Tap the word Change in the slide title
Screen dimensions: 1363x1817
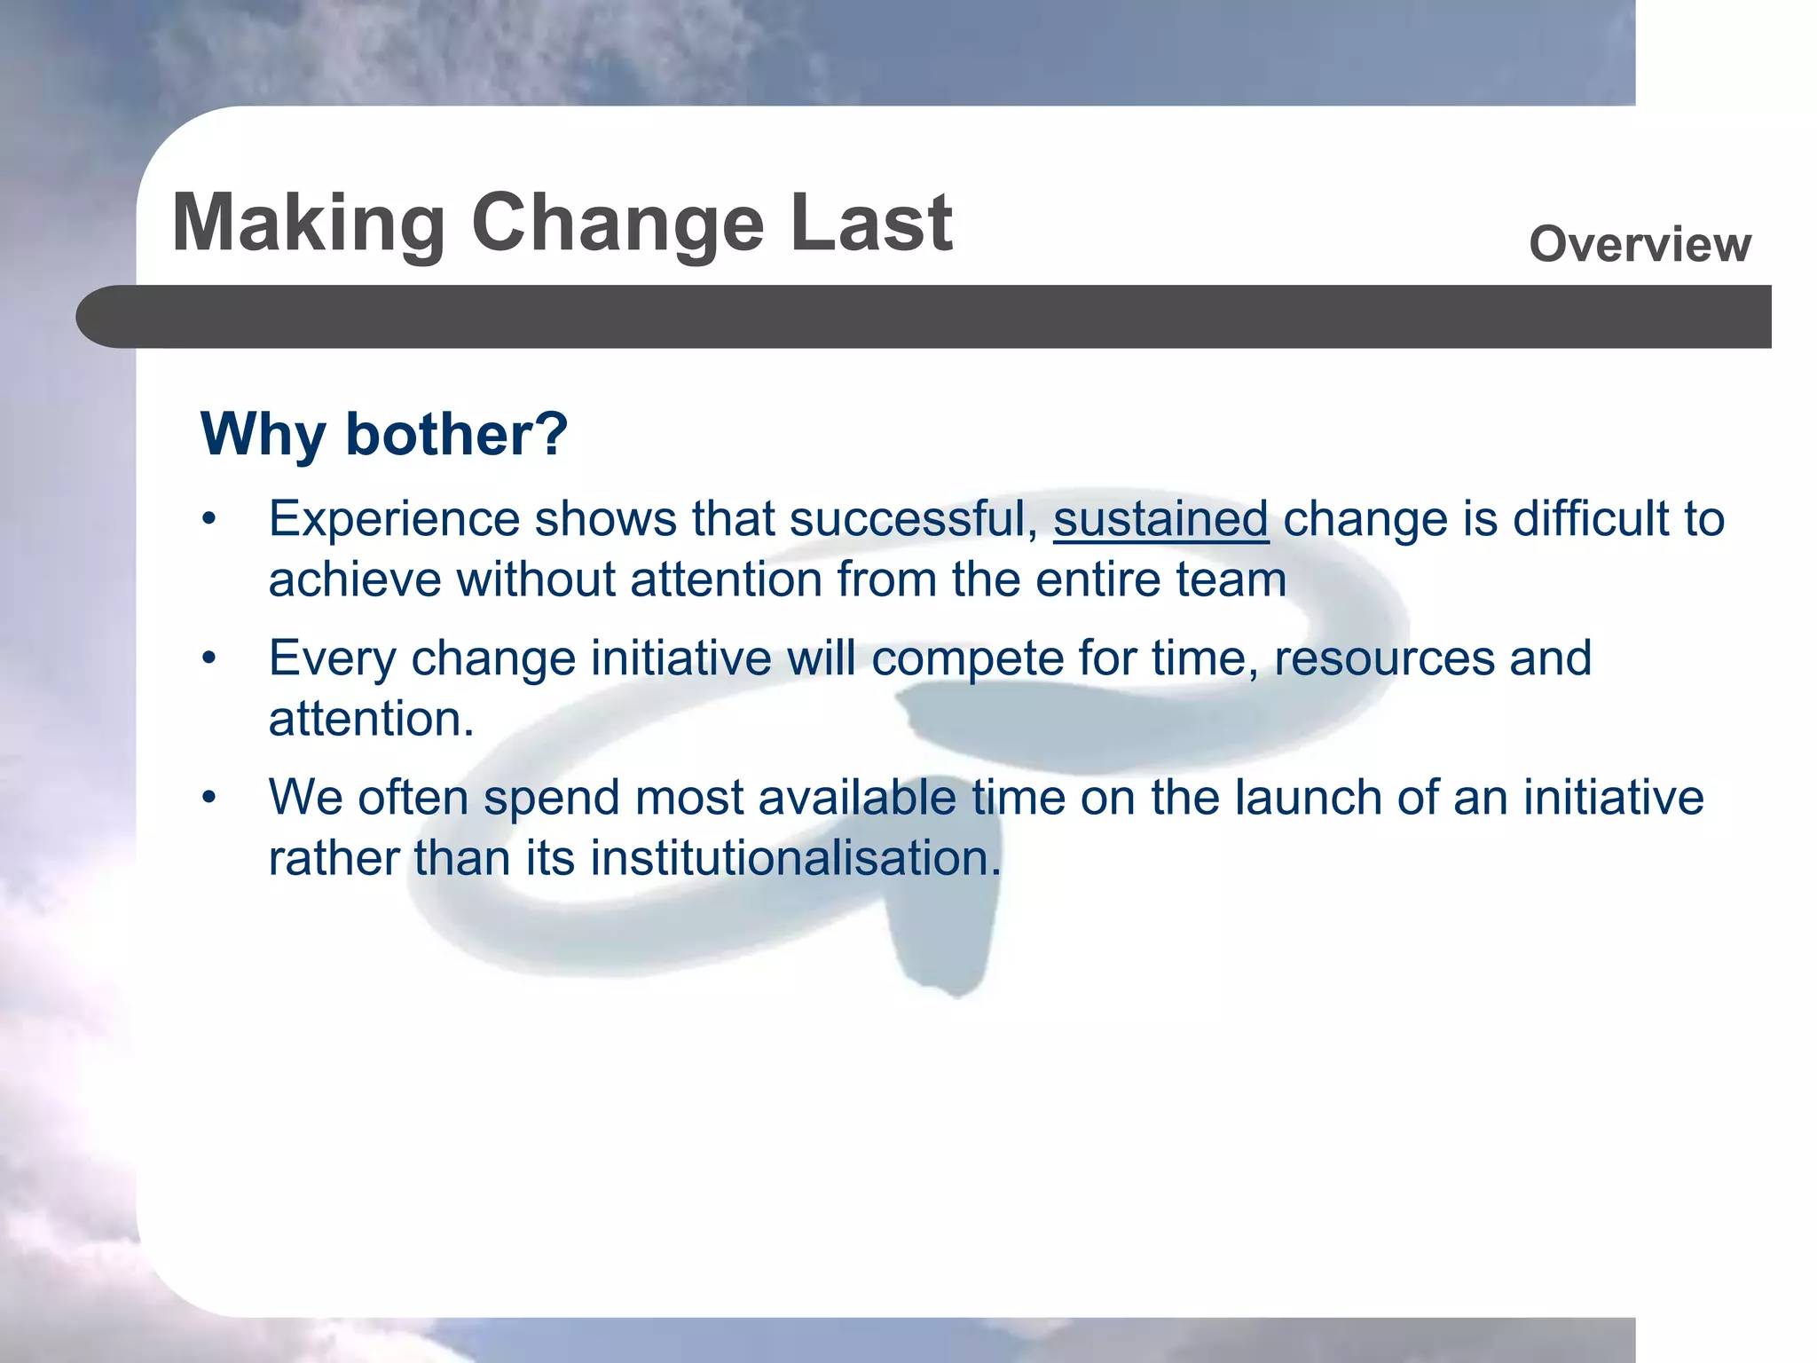tap(617, 225)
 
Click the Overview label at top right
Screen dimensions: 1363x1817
tap(1640, 244)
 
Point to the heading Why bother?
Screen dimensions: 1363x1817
tap(384, 434)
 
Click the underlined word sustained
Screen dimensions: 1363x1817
tap(1160, 519)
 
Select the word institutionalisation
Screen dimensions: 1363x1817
tap(795, 858)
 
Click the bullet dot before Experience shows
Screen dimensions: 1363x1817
tap(208, 520)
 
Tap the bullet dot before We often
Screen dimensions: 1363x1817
tap(208, 798)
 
